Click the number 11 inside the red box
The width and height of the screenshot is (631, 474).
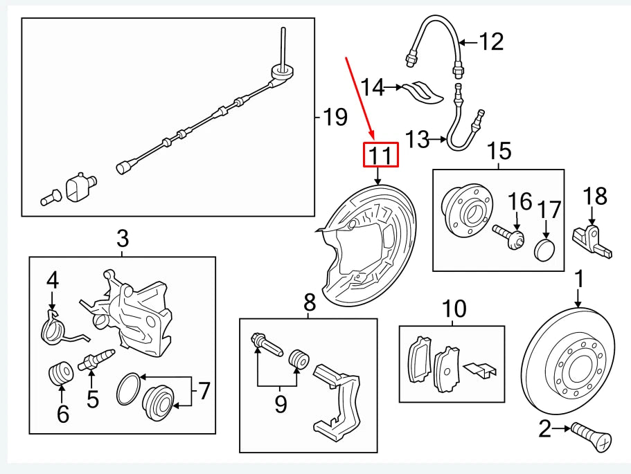click(382, 156)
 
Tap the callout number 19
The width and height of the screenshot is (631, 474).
click(335, 118)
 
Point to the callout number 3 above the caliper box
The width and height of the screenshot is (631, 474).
click(122, 240)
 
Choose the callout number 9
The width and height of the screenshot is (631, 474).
click(281, 403)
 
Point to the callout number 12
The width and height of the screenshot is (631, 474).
click(491, 43)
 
